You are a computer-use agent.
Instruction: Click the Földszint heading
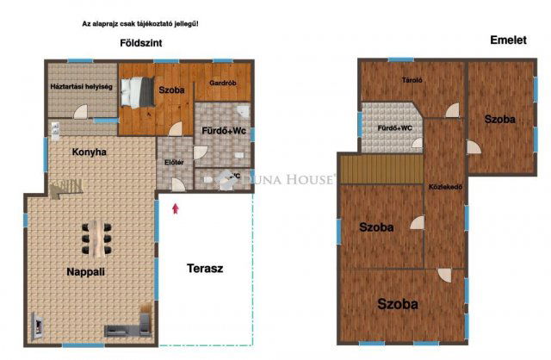(141, 42)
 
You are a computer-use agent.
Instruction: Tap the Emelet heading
(507, 40)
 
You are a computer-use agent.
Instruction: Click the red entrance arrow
(176, 207)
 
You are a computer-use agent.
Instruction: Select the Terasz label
(205, 269)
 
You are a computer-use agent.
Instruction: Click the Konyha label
(90, 152)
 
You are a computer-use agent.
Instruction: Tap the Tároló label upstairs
(412, 81)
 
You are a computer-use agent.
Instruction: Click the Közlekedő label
(446, 186)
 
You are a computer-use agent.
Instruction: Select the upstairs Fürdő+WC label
(395, 128)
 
